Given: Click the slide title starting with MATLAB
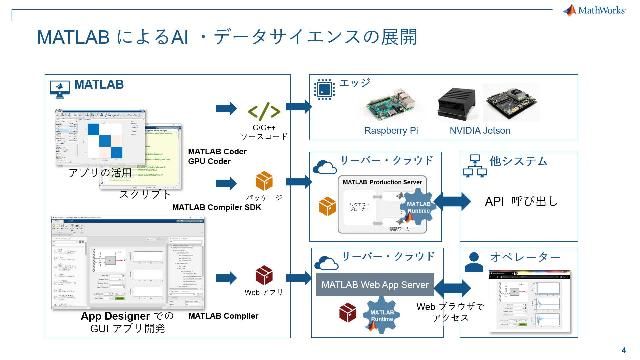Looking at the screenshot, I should coord(225,37).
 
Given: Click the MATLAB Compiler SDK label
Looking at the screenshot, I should coord(218,207).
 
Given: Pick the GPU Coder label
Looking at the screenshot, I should coord(210,162).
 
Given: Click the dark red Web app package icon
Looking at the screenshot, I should coord(264,274).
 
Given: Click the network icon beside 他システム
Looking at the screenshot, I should coord(474,161).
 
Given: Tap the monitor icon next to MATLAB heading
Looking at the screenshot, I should coord(60,87).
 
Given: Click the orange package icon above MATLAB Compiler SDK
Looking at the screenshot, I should coord(264,180).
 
